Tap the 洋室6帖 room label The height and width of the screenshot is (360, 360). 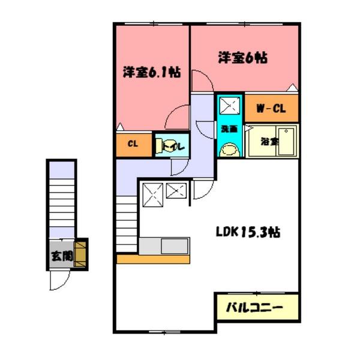pos(242,58)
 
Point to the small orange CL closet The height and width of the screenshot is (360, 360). pos(133,145)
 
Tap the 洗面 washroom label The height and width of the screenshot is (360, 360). pos(229,129)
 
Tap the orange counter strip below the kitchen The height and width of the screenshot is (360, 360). pos(153,259)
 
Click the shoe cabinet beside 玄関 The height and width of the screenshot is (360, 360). pos(80,254)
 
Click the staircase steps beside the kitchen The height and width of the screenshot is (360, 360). pos(127,225)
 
